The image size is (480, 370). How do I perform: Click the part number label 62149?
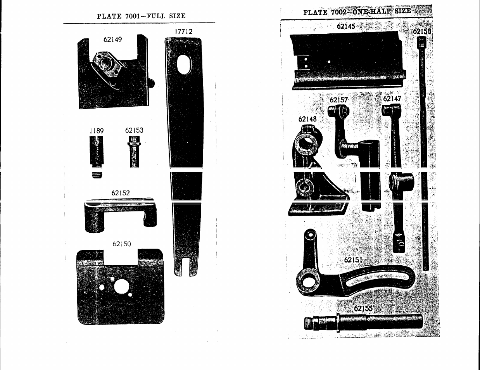point(112,40)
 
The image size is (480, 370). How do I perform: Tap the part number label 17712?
point(183,32)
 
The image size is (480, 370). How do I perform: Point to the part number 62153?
point(134,131)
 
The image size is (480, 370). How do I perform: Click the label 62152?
point(121,193)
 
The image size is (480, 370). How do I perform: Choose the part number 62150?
point(122,244)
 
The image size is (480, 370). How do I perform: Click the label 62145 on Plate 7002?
point(346,26)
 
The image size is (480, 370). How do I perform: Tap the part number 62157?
point(339,100)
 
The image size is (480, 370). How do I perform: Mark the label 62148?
point(307,119)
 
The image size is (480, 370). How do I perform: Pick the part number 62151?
point(354,259)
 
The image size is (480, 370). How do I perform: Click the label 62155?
point(363,309)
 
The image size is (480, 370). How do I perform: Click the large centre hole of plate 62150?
point(122,287)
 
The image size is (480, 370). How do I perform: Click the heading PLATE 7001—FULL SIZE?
point(141,16)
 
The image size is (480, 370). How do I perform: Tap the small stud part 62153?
point(134,154)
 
